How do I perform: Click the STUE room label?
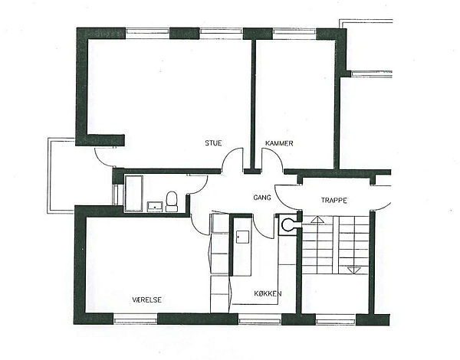tap(213, 143)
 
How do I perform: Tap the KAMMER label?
tap(279, 143)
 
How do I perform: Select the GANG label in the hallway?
tap(262, 198)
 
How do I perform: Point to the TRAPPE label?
tap(333, 201)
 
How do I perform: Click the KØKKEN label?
tap(268, 293)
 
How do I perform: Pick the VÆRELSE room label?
tap(146, 299)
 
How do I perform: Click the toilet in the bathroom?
tap(172, 201)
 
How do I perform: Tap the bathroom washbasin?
tap(155, 206)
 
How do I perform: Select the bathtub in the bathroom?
tap(133, 194)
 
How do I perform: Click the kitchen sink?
tap(242, 237)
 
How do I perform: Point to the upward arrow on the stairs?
tap(317, 220)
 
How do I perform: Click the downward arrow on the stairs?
tap(354, 270)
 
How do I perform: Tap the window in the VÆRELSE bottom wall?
tap(135, 319)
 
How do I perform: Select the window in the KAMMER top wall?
tap(294, 34)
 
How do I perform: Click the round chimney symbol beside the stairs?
tap(287, 224)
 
